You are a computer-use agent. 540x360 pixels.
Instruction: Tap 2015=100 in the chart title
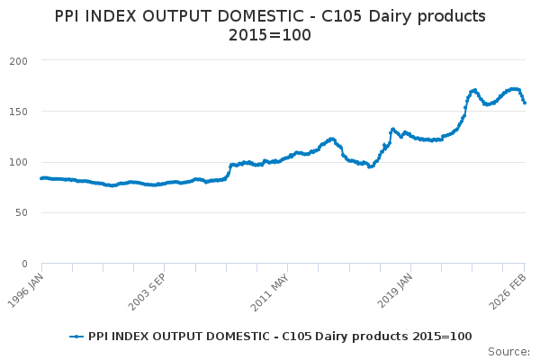click(270, 35)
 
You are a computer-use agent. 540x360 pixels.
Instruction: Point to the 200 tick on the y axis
click(19, 60)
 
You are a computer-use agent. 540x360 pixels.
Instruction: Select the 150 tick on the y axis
click(19, 112)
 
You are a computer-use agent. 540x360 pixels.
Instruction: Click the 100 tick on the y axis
click(19, 162)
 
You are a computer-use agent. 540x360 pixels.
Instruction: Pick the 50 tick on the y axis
click(22, 213)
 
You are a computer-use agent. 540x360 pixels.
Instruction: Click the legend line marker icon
click(76, 336)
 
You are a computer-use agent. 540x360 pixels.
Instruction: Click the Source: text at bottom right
click(509, 351)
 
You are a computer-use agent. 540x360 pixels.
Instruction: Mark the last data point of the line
click(525, 103)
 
